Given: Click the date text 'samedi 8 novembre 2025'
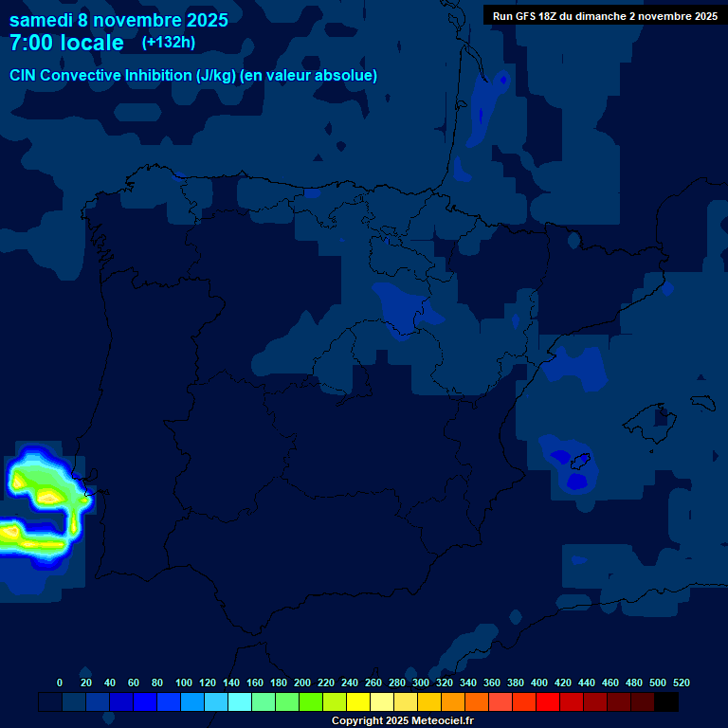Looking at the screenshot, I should click(x=118, y=20).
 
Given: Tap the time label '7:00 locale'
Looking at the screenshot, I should click(x=66, y=43).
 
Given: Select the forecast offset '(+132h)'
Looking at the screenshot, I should click(x=169, y=43).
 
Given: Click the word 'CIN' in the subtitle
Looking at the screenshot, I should click(x=25, y=76).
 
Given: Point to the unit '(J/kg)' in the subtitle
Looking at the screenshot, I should click(x=217, y=76).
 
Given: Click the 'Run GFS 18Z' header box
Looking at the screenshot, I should click(x=605, y=16).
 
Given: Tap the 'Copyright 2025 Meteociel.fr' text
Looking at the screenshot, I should click(x=402, y=720).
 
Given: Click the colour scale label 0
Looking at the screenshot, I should click(x=60, y=682).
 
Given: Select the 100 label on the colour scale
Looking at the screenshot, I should click(x=184, y=682).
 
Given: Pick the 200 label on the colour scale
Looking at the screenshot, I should click(x=302, y=682).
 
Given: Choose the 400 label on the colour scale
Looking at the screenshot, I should click(x=539, y=682).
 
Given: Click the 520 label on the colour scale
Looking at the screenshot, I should click(x=682, y=682).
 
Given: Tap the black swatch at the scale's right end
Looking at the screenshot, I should click(x=666, y=701).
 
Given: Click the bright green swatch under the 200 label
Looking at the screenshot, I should click(x=311, y=701).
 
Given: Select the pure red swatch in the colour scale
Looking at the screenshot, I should click(x=548, y=701).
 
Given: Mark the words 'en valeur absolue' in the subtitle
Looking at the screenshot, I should click(x=313, y=76).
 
